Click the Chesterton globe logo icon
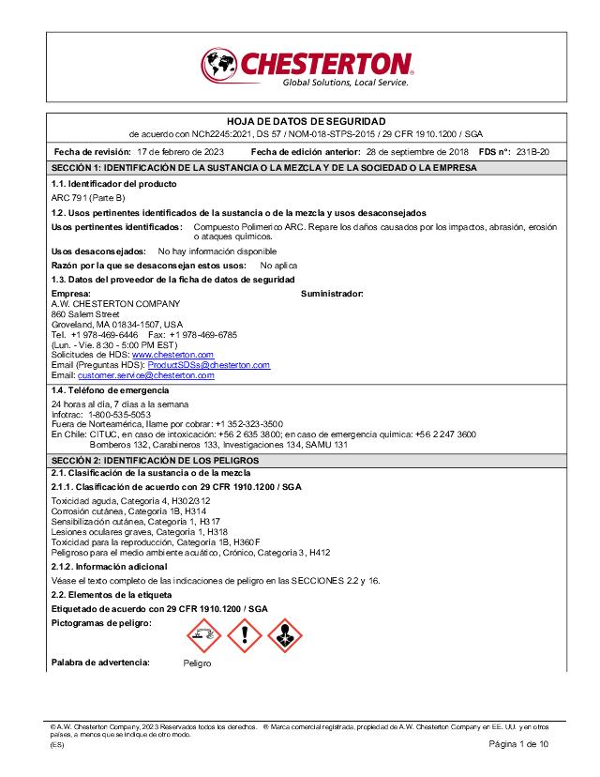[x=218, y=66]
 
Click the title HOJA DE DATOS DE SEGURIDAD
[x=306, y=122]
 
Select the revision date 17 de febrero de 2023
[x=180, y=151]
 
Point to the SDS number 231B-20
[x=533, y=151]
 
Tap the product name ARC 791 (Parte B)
[x=88, y=199]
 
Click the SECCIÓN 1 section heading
[x=263, y=167]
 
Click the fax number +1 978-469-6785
[x=203, y=334]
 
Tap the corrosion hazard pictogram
[x=204, y=635]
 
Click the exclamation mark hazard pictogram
[x=245, y=635]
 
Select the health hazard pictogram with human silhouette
[x=285, y=635]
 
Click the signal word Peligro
[x=197, y=663]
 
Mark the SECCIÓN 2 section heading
[x=155, y=461]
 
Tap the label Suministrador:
[x=332, y=294]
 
